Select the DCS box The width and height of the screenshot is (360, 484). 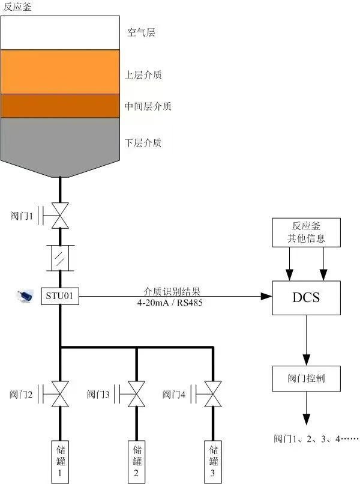click(306, 297)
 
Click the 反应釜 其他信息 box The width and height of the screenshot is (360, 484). click(307, 232)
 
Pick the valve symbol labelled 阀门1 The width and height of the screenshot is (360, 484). click(60, 214)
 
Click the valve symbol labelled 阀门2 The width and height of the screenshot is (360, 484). click(60, 394)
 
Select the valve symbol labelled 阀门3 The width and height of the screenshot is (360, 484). click(136, 394)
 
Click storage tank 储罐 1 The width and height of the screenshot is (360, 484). click(60, 461)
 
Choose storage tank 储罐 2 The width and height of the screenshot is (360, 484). click(136, 461)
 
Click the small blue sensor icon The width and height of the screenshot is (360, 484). click(26, 296)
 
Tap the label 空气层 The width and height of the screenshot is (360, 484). click(141, 33)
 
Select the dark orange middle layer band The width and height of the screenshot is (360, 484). click(60, 106)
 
